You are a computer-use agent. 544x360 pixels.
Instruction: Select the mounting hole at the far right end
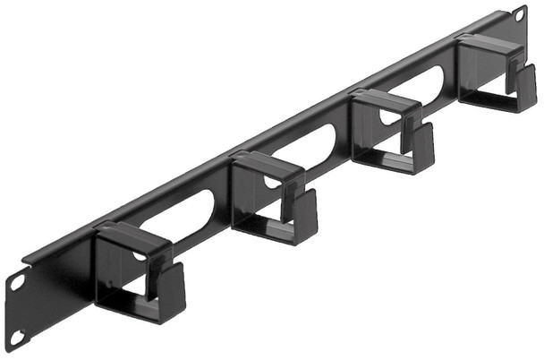point(519,15)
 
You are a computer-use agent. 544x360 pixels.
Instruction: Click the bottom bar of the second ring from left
point(268,236)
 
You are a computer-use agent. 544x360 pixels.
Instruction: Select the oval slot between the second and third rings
point(318,144)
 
